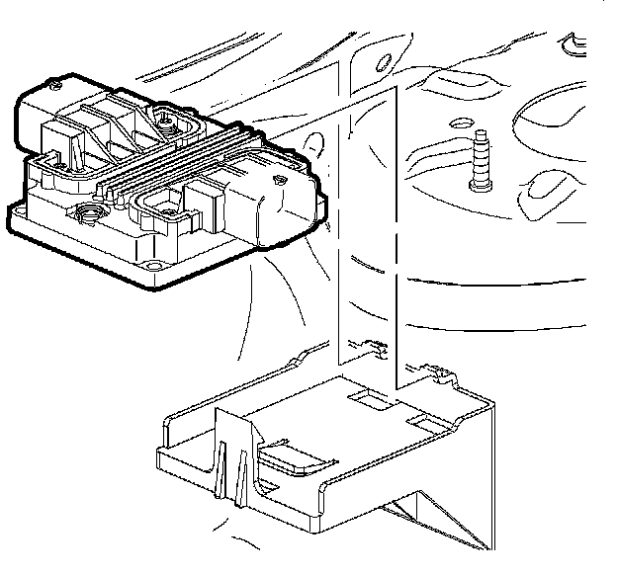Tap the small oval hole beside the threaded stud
pyautogui.click(x=457, y=124)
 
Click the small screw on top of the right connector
pyautogui.click(x=281, y=182)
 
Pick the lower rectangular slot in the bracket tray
pyautogui.click(x=427, y=424)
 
